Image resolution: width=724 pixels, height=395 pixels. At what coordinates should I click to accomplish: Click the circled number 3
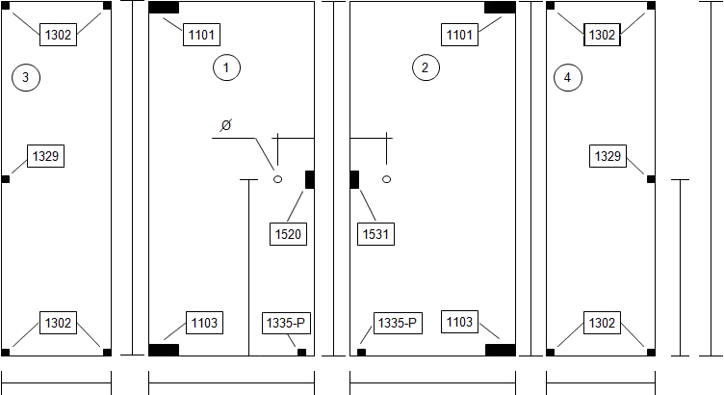26,77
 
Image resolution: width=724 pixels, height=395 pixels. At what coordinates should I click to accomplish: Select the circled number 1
226,67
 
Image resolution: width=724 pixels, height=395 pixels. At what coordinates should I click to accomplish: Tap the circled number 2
426,67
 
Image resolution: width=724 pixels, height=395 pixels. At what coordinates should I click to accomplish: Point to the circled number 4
567,77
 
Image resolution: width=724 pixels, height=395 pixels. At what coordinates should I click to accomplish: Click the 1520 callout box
288,234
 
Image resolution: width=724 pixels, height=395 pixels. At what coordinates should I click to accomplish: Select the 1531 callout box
375,234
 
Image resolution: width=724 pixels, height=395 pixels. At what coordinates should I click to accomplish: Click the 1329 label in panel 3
45,156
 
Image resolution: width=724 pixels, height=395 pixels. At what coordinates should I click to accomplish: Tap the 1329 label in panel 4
608,156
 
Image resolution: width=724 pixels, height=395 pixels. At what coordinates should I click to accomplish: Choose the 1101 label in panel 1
202,35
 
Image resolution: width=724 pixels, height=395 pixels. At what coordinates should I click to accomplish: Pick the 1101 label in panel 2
459,35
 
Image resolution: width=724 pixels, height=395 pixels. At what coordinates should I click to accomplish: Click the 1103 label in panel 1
204,323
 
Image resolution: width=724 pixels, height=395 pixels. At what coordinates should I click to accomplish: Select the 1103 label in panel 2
459,322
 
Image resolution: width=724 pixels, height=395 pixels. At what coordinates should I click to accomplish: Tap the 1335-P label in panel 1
286,323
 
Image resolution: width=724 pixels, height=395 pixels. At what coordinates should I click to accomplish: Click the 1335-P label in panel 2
398,323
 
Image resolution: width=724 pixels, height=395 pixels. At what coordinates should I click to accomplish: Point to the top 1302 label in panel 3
58,35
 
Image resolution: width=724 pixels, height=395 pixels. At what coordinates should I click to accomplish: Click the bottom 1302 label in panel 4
602,323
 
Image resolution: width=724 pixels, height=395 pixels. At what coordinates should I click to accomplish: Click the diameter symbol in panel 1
226,124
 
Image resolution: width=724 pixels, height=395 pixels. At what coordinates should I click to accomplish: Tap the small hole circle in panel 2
387,179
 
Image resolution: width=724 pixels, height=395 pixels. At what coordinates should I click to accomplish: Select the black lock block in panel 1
310,179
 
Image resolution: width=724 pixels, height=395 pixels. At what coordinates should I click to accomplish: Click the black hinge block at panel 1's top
164,8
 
